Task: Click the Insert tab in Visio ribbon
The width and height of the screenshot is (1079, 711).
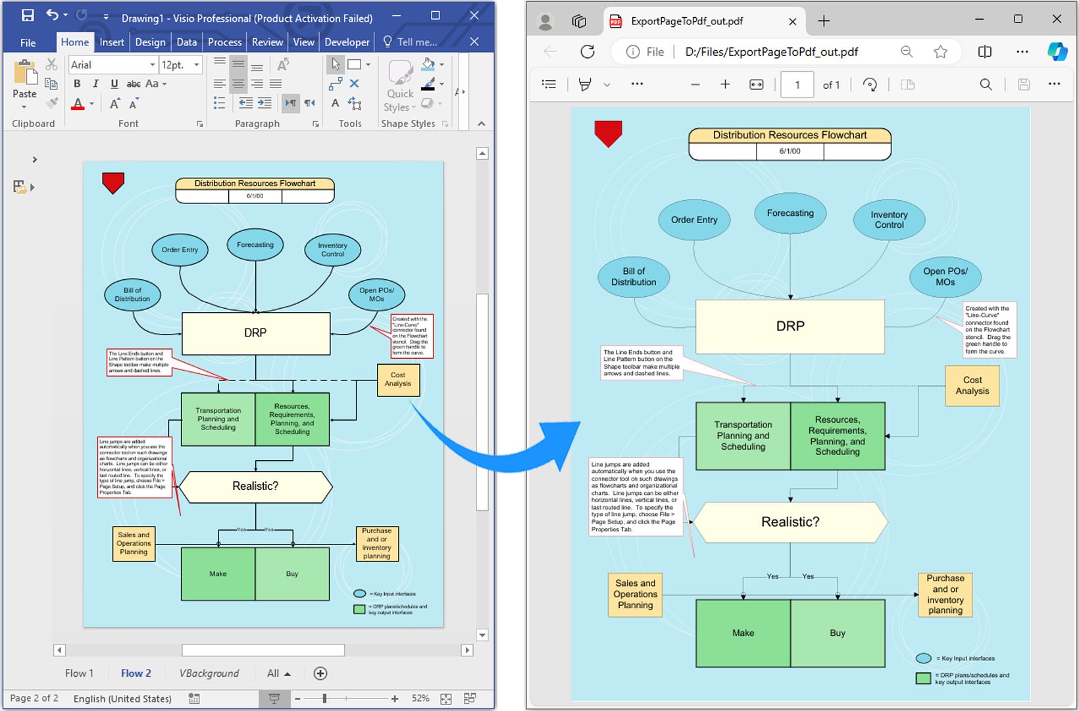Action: click(x=111, y=42)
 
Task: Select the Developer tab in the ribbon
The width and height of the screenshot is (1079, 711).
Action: click(x=347, y=42)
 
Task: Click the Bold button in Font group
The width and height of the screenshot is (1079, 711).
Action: click(x=77, y=84)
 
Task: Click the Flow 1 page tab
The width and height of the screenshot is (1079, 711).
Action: click(x=79, y=673)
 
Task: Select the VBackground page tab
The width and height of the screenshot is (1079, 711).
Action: click(x=209, y=673)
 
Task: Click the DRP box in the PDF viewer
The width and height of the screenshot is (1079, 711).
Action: click(x=790, y=327)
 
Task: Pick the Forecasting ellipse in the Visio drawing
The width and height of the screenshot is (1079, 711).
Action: click(x=255, y=245)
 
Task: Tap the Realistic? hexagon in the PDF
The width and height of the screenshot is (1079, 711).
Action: click(x=790, y=522)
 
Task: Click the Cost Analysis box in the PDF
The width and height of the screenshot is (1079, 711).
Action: click(x=972, y=385)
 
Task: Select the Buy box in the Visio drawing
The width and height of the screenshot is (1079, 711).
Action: click(x=292, y=573)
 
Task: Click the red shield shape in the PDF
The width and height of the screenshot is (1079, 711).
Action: click(x=608, y=133)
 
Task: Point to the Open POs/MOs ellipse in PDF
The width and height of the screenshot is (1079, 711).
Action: click(x=945, y=276)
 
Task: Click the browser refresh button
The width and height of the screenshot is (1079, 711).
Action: click(x=588, y=51)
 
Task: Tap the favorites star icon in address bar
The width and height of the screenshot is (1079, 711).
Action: click(x=940, y=51)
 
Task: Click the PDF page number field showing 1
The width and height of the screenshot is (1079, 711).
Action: click(x=797, y=84)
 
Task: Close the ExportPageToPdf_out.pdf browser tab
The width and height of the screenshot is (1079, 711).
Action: click(x=792, y=21)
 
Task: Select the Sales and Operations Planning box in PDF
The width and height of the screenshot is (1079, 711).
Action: click(x=635, y=594)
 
